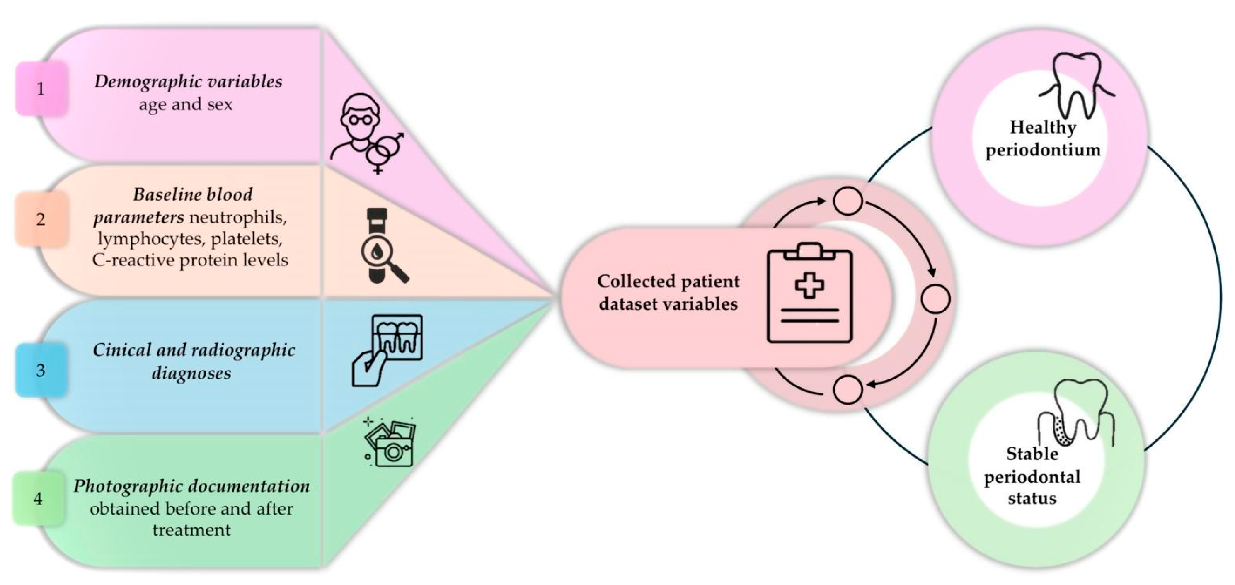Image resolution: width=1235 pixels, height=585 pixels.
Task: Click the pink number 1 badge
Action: click(x=41, y=89)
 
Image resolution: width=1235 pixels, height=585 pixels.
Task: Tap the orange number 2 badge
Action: click(x=41, y=219)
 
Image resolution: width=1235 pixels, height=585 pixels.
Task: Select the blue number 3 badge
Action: click(x=41, y=370)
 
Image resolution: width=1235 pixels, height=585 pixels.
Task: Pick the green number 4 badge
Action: click(x=38, y=499)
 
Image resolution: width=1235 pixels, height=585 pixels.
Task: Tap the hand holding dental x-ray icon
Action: click(x=387, y=350)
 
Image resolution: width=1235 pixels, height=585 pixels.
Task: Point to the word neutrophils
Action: click(x=238, y=218)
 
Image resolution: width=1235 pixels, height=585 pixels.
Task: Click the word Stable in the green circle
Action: click(x=1032, y=454)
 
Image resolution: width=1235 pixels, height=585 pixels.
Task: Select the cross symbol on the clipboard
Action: click(x=809, y=285)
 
